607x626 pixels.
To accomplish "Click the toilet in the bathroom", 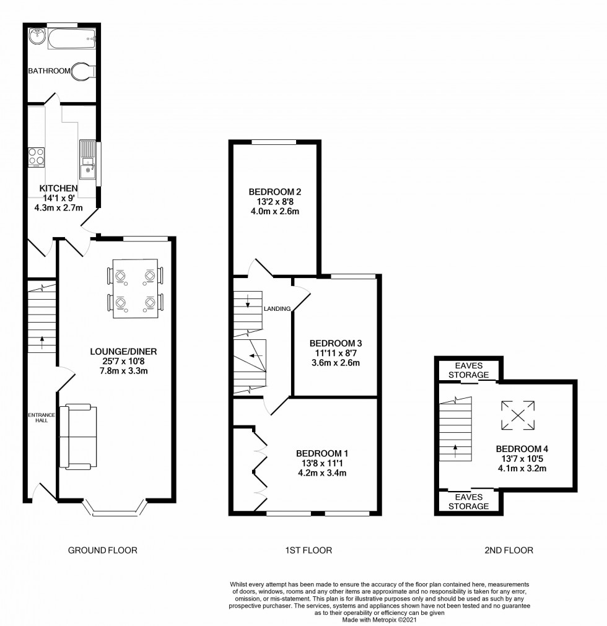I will (x=84, y=71).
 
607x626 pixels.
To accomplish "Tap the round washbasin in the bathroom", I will (x=36, y=35).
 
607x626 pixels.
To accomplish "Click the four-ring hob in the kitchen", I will (x=36, y=156).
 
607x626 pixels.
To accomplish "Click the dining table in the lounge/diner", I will (x=135, y=289).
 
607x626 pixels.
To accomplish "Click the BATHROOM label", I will (x=49, y=71).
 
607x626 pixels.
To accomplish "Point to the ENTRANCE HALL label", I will (x=41, y=418).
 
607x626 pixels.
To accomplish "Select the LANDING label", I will (x=277, y=308).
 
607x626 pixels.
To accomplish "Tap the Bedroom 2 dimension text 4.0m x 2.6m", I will (x=274, y=212).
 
